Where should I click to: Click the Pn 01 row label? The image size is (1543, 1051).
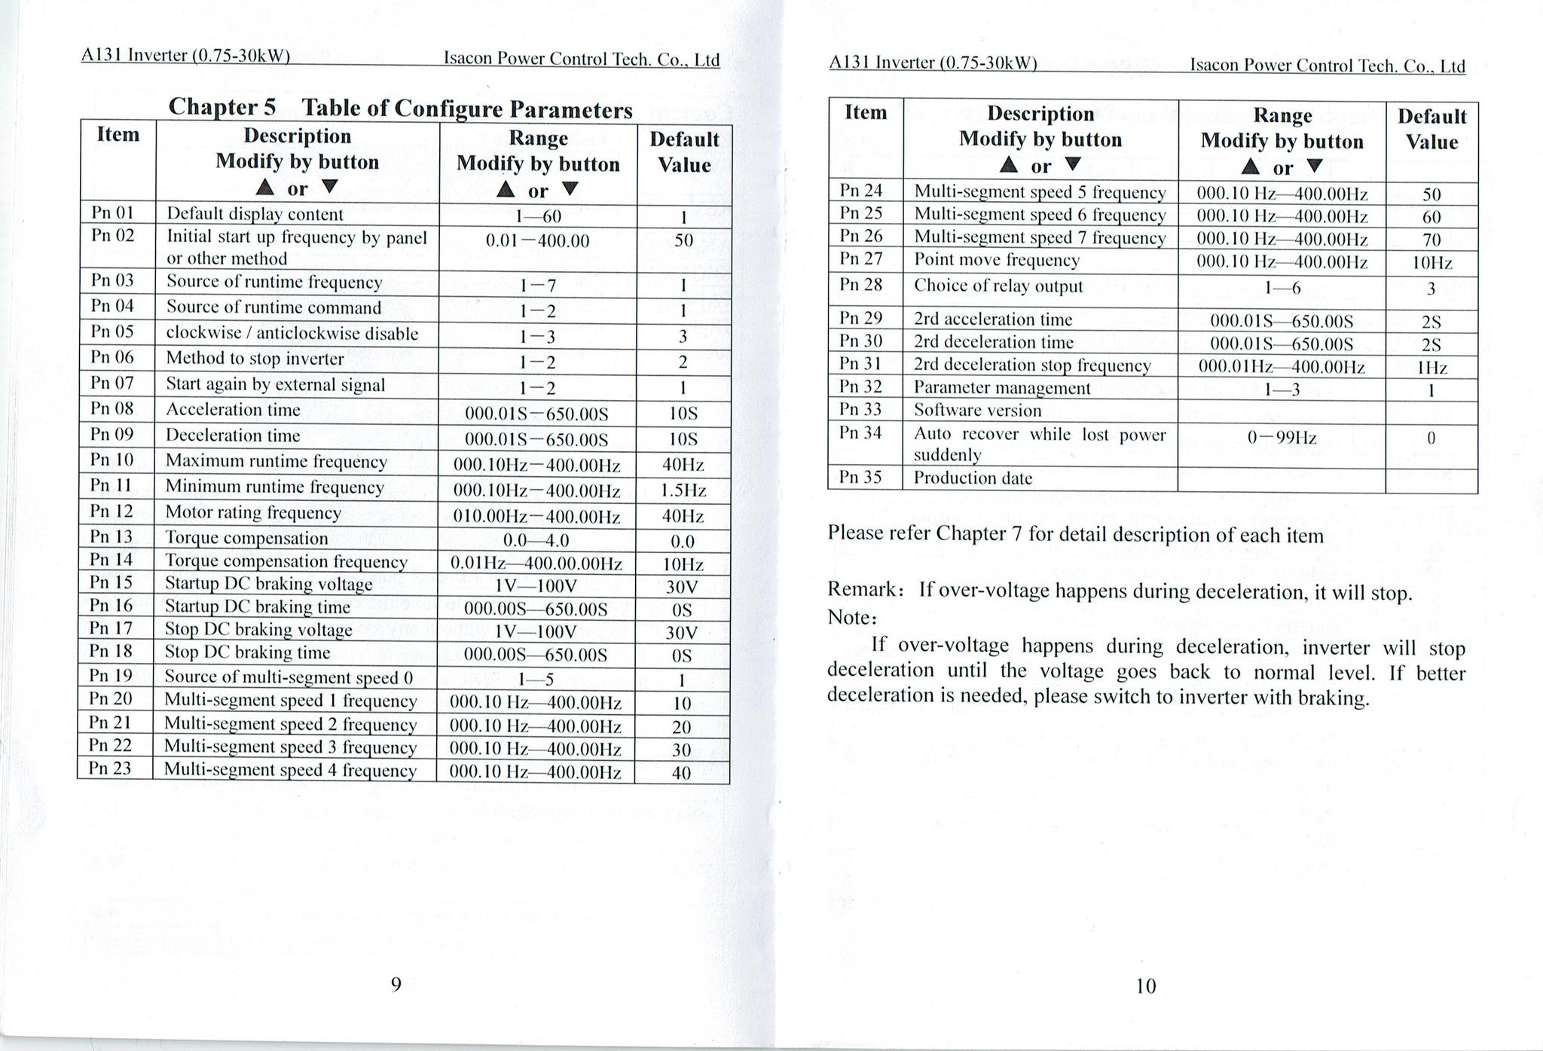click(112, 212)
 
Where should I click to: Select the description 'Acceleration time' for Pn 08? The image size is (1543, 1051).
click(233, 410)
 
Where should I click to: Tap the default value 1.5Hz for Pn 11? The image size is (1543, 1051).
click(683, 490)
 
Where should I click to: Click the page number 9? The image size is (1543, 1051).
click(396, 984)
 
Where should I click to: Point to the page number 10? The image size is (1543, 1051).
click(1145, 985)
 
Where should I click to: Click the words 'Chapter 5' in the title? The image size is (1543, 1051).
click(222, 107)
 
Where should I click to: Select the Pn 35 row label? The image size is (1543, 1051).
click(860, 477)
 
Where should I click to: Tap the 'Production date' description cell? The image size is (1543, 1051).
click(973, 478)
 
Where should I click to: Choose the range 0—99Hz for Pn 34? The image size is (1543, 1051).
click(1282, 438)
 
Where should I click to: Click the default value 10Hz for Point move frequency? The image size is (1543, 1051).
click(1431, 263)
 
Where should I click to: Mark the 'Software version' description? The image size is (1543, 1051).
click(977, 411)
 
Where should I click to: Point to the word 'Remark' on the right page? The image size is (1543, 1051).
click(859, 588)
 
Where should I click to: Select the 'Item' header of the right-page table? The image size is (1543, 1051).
click(865, 112)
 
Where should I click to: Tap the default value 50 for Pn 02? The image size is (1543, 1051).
click(683, 241)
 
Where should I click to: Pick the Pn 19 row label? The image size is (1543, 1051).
click(111, 675)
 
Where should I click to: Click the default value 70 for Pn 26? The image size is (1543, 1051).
click(1431, 240)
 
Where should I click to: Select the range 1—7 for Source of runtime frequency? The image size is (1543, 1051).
click(537, 286)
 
